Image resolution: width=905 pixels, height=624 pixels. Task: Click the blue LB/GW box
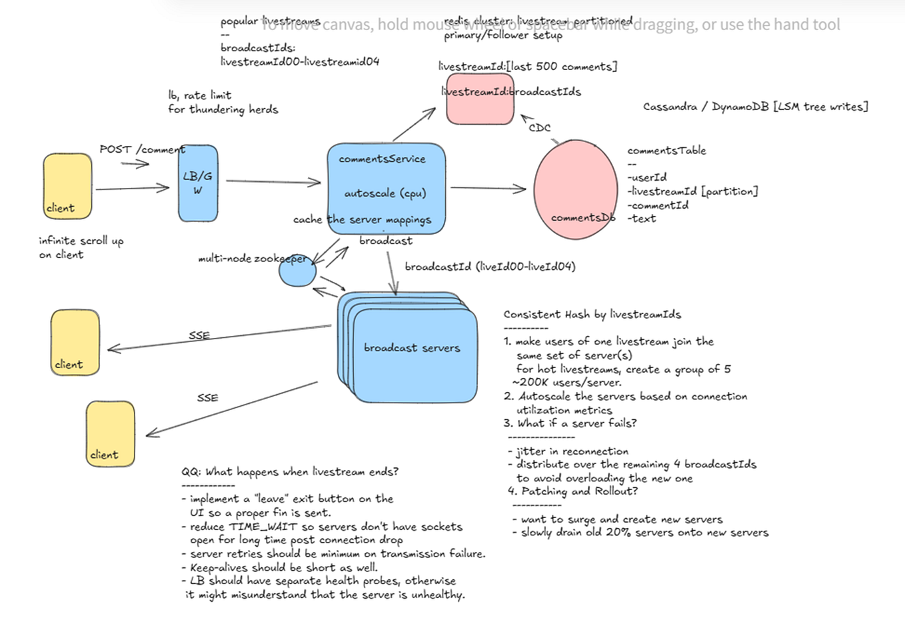pyautogui.click(x=198, y=183)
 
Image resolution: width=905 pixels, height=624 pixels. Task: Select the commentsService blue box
pyautogui.click(x=386, y=188)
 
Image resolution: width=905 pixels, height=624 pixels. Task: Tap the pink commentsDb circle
pyautogui.click(x=576, y=189)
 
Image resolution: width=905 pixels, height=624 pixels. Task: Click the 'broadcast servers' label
pyautogui.click(x=412, y=347)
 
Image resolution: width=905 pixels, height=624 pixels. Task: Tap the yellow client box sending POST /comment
pyautogui.click(x=67, y=185)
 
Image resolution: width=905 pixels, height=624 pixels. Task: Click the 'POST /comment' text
pyautogui.click(x=142, y=149)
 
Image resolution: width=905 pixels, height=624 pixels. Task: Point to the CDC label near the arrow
pyautogui.click(x=539, y=127)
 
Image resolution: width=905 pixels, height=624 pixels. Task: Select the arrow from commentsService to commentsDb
pyautogui.click(x=488, y=189)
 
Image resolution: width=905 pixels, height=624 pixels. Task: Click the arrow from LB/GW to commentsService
pyautogui.click(x=273, y=181)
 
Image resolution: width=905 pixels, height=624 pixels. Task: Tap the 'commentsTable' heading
pyautogui.click(x=666, y=151)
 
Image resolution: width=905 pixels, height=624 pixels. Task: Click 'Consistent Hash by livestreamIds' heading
pyautogui.click(x=592, y=314)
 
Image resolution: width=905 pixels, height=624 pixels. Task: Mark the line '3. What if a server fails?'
pyautogui.click(x=570, y=423)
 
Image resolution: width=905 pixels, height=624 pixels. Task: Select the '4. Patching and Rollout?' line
pyautogui.click(x=572, y=491)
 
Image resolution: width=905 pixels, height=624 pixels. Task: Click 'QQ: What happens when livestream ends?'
pyautogui.click(x=289, y=471)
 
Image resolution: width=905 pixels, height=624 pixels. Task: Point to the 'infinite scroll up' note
pyautogui.click(x=81, y=241)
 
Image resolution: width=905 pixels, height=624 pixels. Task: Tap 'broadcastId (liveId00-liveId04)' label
pyautogui.click(x=490, y=267)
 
